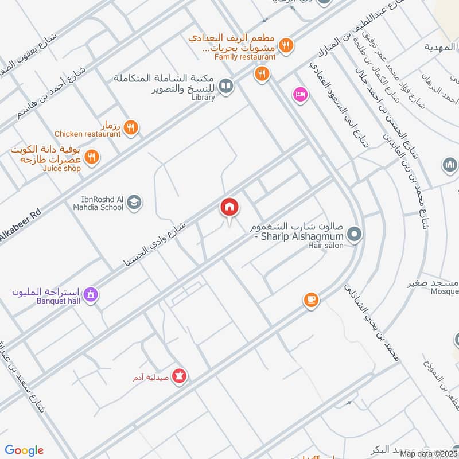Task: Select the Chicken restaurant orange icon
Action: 131,127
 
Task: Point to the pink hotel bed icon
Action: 299,94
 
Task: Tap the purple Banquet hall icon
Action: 90,295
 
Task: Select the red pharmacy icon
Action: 180,376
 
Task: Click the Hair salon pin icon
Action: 354,234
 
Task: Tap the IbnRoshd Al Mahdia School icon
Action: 134,202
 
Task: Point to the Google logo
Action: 24,450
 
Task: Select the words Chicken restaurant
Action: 88,134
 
